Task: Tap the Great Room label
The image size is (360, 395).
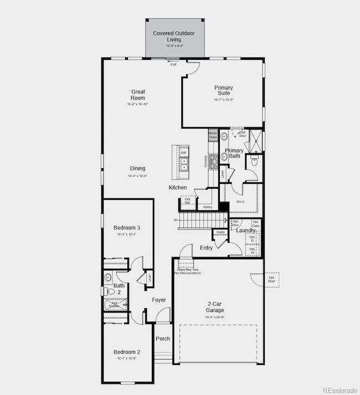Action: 138,95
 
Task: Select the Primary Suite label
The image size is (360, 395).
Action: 224,90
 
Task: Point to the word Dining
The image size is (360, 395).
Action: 138,168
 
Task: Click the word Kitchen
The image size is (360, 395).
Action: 178,188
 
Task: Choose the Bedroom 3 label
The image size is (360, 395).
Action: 127,227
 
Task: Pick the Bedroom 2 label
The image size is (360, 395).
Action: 127,352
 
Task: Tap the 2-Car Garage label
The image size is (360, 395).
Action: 215,307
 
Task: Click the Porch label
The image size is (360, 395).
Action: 163,339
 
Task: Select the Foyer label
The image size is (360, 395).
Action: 159,300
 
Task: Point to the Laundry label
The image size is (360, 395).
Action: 246,230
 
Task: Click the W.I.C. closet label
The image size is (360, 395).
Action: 241,201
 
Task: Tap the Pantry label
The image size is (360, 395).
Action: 208,207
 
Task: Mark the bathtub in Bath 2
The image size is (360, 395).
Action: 115,304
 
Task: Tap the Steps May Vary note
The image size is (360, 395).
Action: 187,271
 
